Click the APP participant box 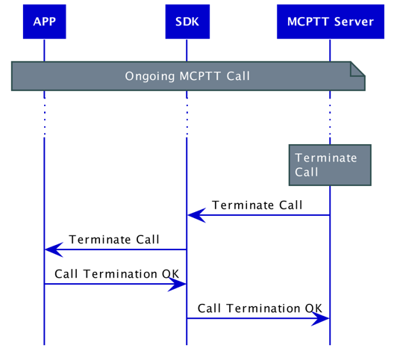coord(44,22)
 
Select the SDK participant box coord(187,22)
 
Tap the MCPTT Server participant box coord(330,22)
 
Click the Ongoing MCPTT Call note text coord(187,76)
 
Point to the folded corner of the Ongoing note coord(358,69)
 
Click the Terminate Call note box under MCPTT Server coord(330,164)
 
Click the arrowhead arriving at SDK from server coord(196,215)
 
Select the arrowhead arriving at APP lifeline coord(53,249)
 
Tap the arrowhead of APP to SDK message coord(178,284)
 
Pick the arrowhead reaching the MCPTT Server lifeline coord(321,318)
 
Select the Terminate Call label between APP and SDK coord(114,240)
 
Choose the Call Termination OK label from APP coord(116,274)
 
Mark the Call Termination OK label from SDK coord(260,308)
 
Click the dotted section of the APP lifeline coord(44,118)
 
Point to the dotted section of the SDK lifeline coord(187,118)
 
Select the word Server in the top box coord(354,22)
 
